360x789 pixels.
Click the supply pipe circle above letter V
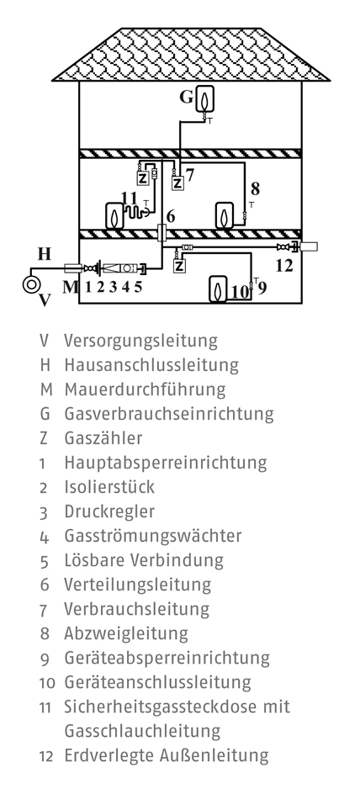(31, 284)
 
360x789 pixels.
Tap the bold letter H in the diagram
(45, 254)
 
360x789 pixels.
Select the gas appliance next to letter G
(204, 98)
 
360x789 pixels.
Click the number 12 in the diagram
(284, 265)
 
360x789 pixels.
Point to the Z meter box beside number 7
(177, 183)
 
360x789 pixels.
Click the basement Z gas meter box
(179, 266)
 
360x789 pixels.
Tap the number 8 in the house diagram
(255, 189)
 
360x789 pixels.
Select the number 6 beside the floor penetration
(172, 217)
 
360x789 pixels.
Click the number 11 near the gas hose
(129, 197)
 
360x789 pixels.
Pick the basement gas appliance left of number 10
(218, 289)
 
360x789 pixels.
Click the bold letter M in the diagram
(71, 288)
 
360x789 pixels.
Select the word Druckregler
(109, 511)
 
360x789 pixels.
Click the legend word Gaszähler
(103, 438)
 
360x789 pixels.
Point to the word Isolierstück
(109, 487)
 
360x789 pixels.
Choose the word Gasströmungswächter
(153, 536)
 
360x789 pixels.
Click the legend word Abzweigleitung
(126, 633)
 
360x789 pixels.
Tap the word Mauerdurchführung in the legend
(145, 389)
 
